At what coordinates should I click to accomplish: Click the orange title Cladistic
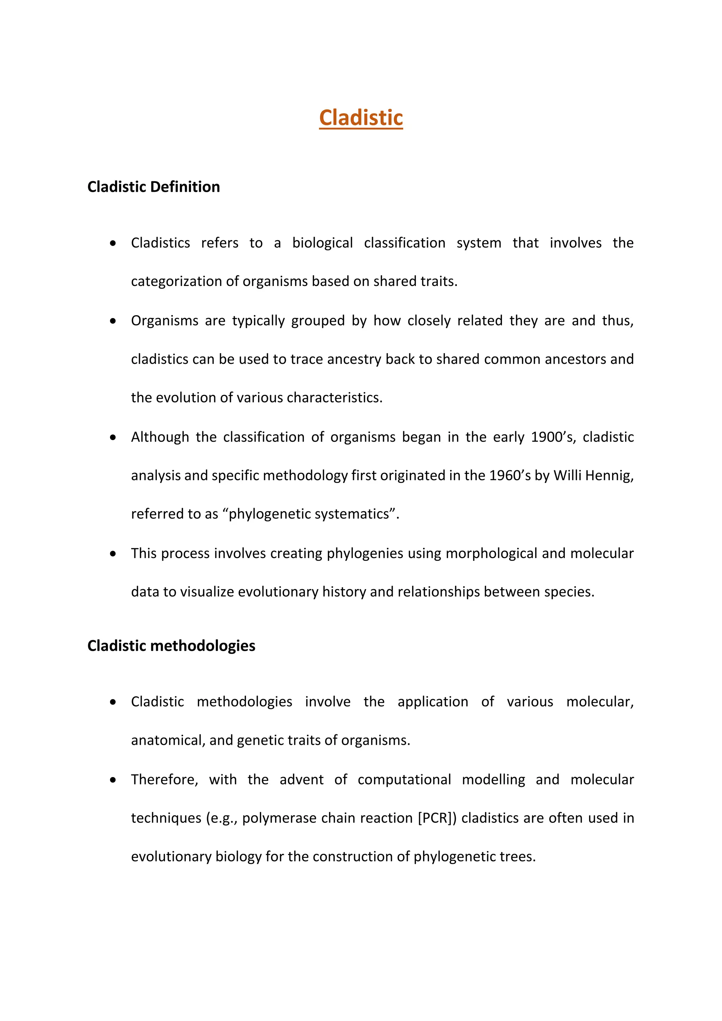(x=361, y=118)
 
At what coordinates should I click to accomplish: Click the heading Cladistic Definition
(x=153, y=187)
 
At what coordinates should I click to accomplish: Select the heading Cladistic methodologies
(x=171, y=646)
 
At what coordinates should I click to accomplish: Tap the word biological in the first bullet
(x=322, y=243)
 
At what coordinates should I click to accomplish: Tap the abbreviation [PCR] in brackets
(x=437, y=818)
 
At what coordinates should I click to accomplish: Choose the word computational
(x=404, y=779)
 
